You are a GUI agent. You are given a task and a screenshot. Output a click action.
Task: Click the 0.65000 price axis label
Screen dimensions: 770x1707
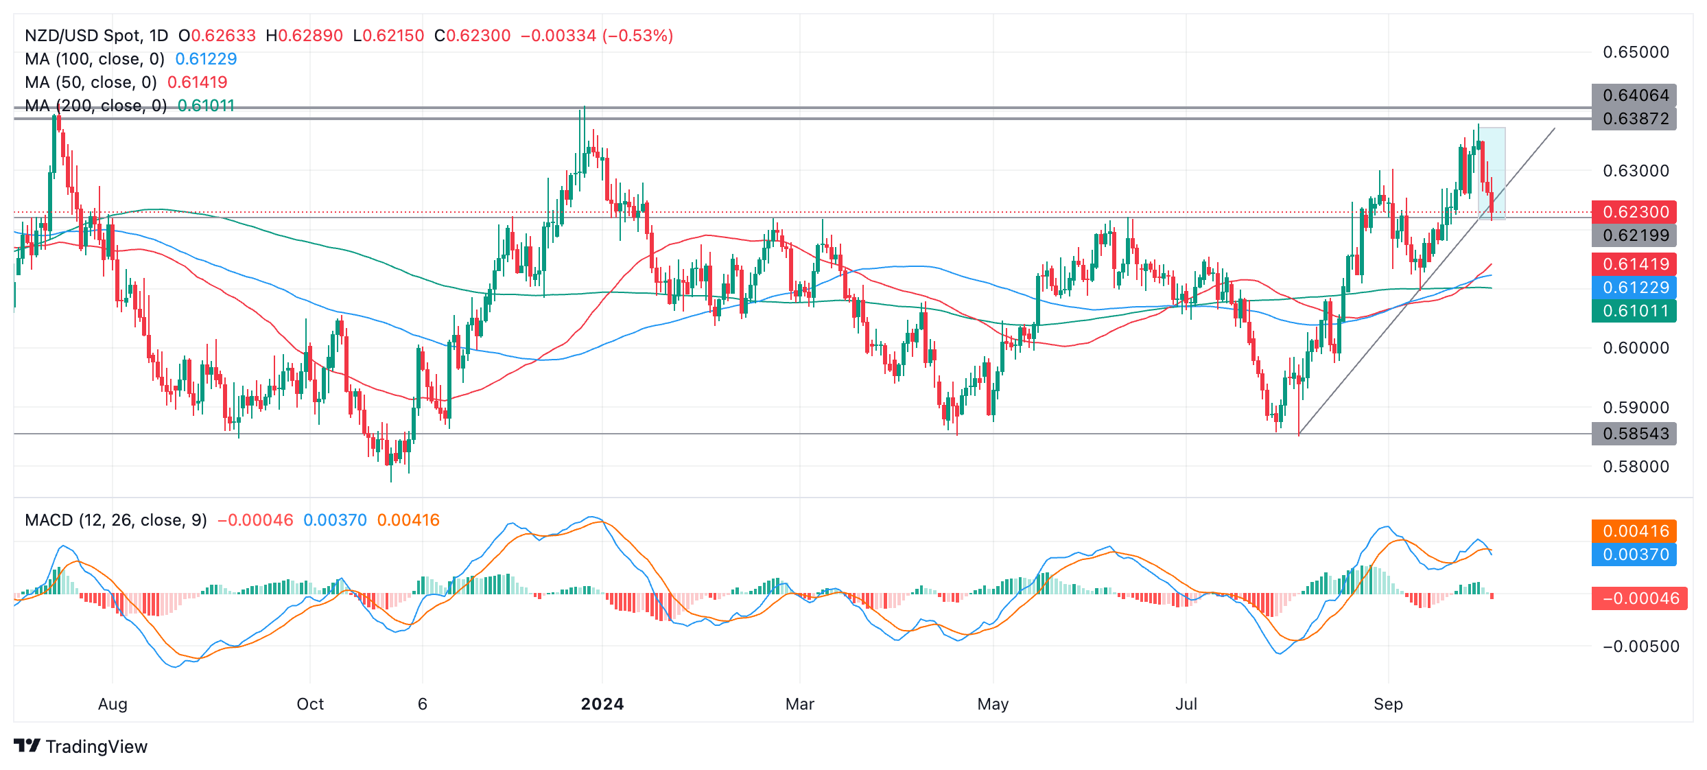(x=1636, y=52)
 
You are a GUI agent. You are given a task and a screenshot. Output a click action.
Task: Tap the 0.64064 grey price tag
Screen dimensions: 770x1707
(x=1634, y=95)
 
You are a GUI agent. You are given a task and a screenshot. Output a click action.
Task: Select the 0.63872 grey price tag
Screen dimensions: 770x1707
(x=1634, y=119)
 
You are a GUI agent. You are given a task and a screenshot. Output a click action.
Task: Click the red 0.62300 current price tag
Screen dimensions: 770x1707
(x=1634, y=212)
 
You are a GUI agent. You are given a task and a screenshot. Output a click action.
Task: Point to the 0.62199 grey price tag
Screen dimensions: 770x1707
(x=1634, y=235)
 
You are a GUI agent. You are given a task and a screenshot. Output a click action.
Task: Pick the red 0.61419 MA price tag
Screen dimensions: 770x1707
(x=1634, y=264)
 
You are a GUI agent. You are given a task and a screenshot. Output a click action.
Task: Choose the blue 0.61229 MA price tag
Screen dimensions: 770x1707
(x=1634, y=288)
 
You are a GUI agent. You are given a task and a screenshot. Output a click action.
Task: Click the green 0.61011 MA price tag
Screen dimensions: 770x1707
(x=1634, y=311)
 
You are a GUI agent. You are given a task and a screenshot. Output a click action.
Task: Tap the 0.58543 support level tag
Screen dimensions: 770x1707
(x=1634, y=434)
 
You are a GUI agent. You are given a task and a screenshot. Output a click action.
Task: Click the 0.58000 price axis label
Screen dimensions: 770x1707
(x=1636, y=467)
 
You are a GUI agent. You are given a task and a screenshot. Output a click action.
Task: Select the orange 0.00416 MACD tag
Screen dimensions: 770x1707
(x=1634, y=531)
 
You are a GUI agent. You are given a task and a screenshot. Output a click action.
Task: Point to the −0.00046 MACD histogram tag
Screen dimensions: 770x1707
(x=1640, y=598)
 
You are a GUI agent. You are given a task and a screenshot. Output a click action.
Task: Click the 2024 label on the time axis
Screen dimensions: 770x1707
(x=602, y=704)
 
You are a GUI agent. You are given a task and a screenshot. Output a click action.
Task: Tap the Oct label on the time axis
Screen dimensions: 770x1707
(x=310, y=704)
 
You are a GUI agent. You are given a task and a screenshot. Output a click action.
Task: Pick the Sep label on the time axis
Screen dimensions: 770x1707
(x=1388, y=704)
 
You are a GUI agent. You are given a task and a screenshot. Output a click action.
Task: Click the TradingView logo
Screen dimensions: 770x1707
(x=81, y=747)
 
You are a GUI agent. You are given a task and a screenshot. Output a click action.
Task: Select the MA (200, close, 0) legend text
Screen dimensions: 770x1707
(x=96, y=106)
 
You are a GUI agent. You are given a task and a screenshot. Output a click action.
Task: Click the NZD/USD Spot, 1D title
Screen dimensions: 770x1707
(x=96, y=36)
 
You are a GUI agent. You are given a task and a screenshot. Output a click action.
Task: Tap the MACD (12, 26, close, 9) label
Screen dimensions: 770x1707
(x=116, y=520)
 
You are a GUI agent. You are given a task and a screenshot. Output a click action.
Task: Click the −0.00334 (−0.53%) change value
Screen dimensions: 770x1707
(x=597, y=36)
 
